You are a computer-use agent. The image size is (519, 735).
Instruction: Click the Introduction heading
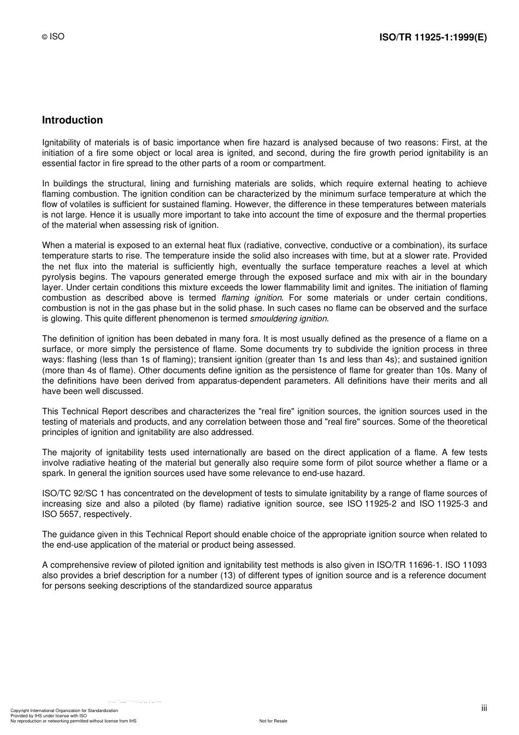click(72, 120)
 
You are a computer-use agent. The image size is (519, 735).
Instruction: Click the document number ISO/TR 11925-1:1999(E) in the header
click(433, 37)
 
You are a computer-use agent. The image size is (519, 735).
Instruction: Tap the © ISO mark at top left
click(53, 37)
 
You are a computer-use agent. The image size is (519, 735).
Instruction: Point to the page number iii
click(484, 708)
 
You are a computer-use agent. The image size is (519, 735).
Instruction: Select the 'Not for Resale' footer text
click(273, 721)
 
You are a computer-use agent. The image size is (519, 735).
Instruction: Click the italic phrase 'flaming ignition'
click(252, 298)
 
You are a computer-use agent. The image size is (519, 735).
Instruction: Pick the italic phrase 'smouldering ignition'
click(289, 319)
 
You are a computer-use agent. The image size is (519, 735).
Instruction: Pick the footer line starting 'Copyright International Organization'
click(64, 710)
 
